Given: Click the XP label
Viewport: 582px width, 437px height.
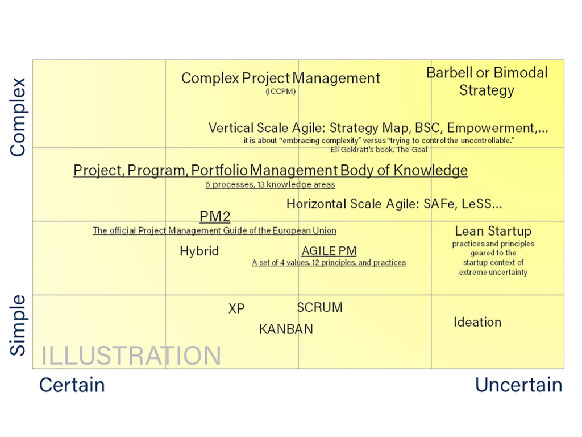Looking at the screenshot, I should coord(236,309).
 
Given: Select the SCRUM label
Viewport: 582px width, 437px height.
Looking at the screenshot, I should coord(320,308).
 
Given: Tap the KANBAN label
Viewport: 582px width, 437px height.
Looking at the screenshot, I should coord(286,329).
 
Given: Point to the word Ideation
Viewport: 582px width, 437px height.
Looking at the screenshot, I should coord(477,322).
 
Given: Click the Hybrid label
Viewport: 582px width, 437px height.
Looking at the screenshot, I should coord(199,252).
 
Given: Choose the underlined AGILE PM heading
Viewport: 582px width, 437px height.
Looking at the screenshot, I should coord(329,252).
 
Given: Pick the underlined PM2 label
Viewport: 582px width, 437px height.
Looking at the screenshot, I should coord(215,217).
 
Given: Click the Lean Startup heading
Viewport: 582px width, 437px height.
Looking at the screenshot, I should coord(493,231).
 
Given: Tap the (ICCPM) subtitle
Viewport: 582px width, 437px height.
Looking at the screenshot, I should coord(280,91).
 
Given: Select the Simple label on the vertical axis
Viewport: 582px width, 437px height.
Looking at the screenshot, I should coord(18,325).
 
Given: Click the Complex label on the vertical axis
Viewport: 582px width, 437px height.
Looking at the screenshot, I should coord(18,117).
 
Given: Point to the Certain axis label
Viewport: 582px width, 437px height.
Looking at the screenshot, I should coord(72,385).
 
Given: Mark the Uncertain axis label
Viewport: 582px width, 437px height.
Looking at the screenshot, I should coord(518,385).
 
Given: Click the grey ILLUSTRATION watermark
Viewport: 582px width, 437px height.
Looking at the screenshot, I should coord(131,356).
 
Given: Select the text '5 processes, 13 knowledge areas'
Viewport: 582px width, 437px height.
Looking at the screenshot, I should coord(270,185).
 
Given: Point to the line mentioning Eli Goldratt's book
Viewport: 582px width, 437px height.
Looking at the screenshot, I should coord(379,150).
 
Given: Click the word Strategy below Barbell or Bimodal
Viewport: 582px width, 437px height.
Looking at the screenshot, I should coord(487,90).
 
